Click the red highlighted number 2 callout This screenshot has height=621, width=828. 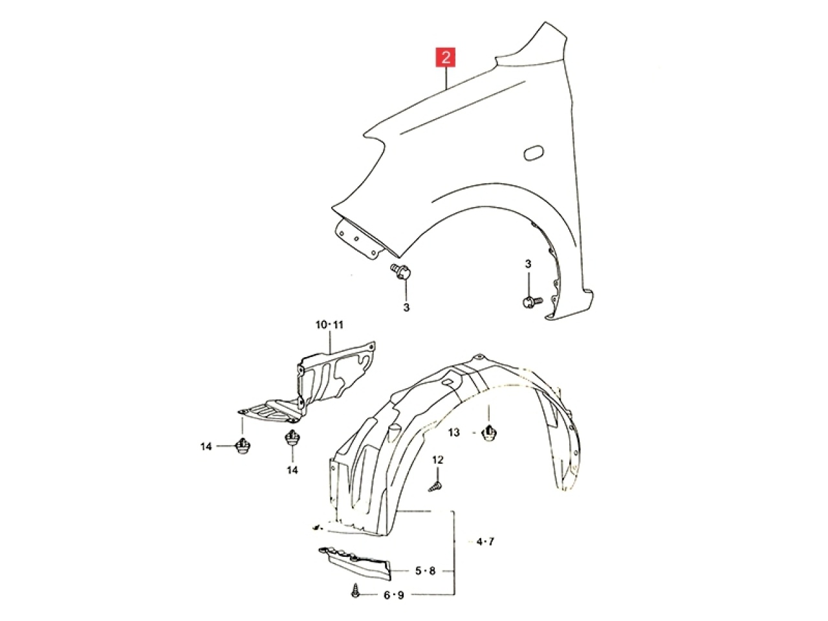click(x=446, y=58)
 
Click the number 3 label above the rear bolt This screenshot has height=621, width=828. click(x=528, y=265)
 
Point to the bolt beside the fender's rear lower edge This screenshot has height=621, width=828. click(x=532, y=301)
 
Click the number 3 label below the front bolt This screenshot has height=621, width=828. click(x=406, y=308)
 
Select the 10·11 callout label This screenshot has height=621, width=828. click(x=330, y=325)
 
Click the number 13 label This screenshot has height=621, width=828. click(x=454, y=433)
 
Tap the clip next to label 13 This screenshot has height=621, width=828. click(x=489, y=433)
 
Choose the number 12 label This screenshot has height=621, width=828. click(x=437, y=460)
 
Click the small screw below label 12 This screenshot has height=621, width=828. click(x=435, y=487)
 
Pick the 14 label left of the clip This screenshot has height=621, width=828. click(x=206, y=447)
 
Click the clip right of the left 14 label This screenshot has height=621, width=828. click(x=243, y=446)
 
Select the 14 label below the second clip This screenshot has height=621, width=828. click(x=292, y=470)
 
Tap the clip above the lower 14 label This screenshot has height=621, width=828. click(x=292, y=438)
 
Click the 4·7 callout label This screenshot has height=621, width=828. click(x=485, y=542)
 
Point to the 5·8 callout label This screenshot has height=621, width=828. click(x=425, y=571)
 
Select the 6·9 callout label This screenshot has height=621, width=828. click(x=393, y=595)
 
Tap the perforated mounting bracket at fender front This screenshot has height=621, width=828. click(x=357, y=240)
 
